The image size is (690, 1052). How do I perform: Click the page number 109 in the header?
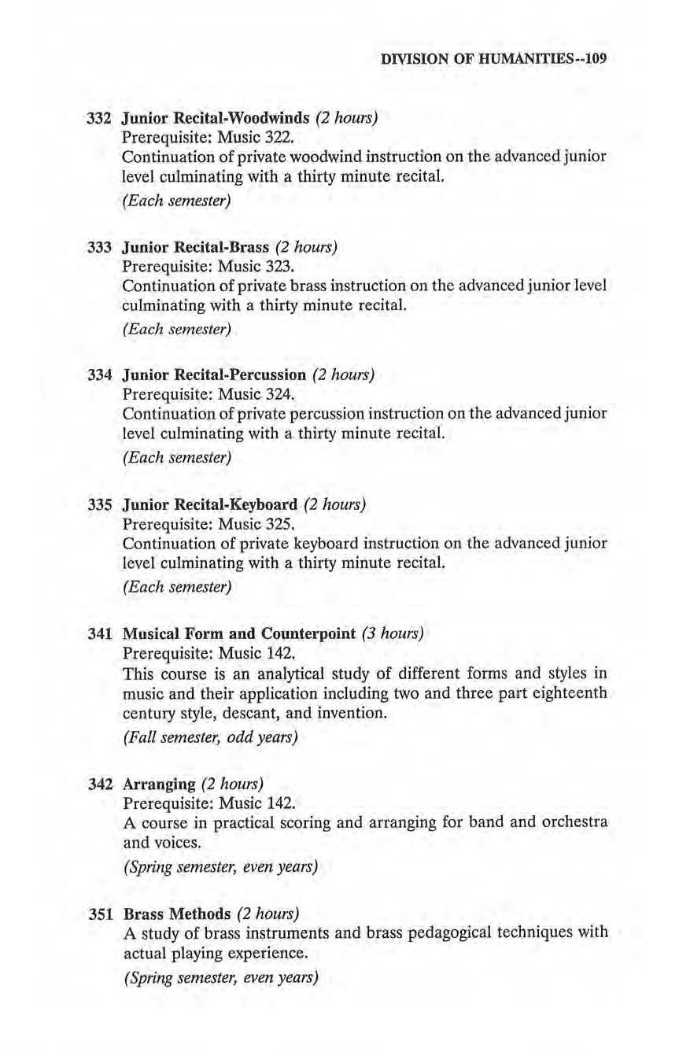(x=593, y=58)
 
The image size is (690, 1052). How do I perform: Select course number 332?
(x=98, y=120)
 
